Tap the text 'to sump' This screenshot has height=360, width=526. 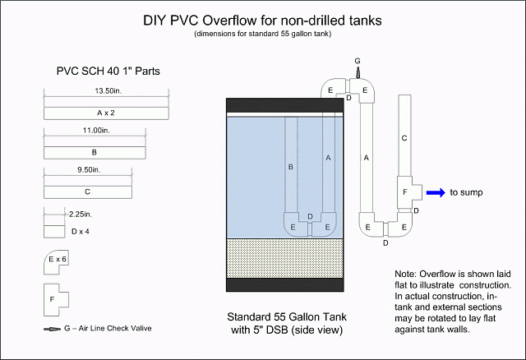[x=467, y=192]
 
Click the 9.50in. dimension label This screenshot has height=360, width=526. [x=87, y=169]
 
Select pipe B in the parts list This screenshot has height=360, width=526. [x=95, y=152]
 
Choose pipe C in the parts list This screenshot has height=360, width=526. [x=86, y=192]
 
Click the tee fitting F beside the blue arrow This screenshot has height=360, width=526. [x=406, y=191]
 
